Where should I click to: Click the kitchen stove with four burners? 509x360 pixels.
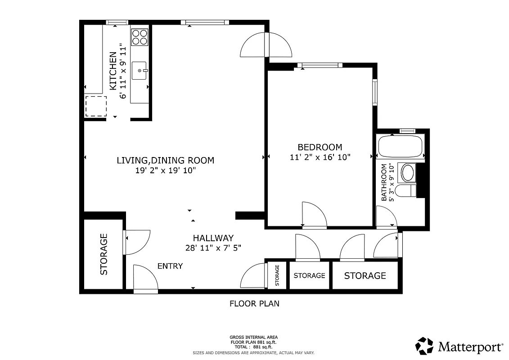[140, 36]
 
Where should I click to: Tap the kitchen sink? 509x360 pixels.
[140, 71]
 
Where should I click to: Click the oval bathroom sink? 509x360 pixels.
[408, 173]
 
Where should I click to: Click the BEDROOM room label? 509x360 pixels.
[320, 147]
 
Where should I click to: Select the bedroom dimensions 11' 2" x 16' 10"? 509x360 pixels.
[320, 157]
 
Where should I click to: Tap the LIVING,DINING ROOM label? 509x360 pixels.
[165, 160]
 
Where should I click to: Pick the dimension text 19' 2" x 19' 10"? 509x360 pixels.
[165, 171]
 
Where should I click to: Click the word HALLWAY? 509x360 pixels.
[213, 238]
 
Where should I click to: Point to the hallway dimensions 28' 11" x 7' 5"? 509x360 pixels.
[213, 247]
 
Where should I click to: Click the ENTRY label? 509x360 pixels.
[170, 266]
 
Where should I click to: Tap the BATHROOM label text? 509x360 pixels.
[384, 182]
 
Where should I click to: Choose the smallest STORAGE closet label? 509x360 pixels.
[277, 275]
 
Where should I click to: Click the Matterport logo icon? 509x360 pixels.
[424, 346]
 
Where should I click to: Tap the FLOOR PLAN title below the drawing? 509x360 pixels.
[254, 304]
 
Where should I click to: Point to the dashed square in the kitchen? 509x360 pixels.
[96, 106]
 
